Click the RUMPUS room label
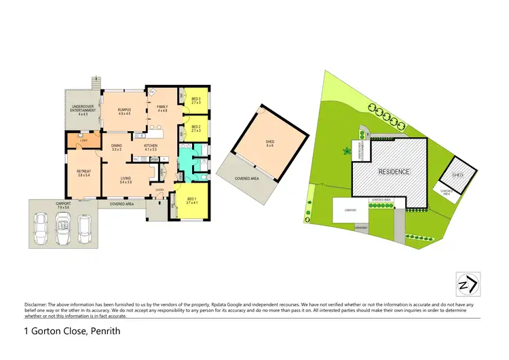click(124, 111)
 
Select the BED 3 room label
click(196, 101)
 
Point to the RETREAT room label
click(83, 173)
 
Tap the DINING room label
click(117, 147)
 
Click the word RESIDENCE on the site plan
click(394, 172)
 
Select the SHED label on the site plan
click(458, 175)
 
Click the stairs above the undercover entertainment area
click(95, 81)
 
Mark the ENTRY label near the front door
click(160, 190)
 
